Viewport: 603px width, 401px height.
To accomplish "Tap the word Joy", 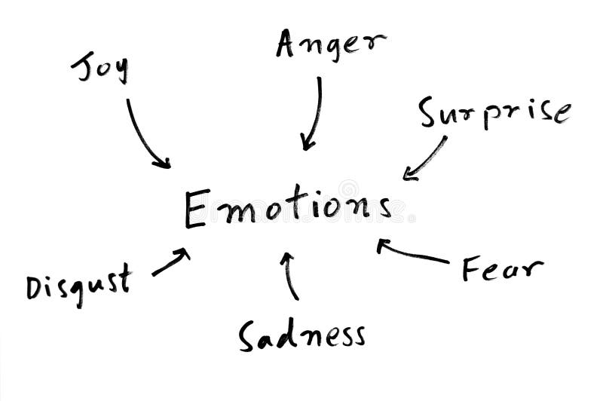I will pyautogui.click(x=100, y=68).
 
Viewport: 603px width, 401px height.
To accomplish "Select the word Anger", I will pyautogui.click(x=330, y=44).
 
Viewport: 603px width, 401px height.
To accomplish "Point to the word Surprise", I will pyautogui.click(x=494, y=113).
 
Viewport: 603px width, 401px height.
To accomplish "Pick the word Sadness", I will pyautogui.click(x=301, y=335).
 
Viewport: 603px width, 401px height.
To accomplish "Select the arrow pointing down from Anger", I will pyautogui.click(x=313, y=113).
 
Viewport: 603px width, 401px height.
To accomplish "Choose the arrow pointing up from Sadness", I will pyautogui.click(x=290, y=275).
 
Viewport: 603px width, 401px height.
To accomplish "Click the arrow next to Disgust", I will pyautogui.click(x=171, y=262).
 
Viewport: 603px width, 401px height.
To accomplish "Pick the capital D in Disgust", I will pyautogui.click(x=34, y=288).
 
